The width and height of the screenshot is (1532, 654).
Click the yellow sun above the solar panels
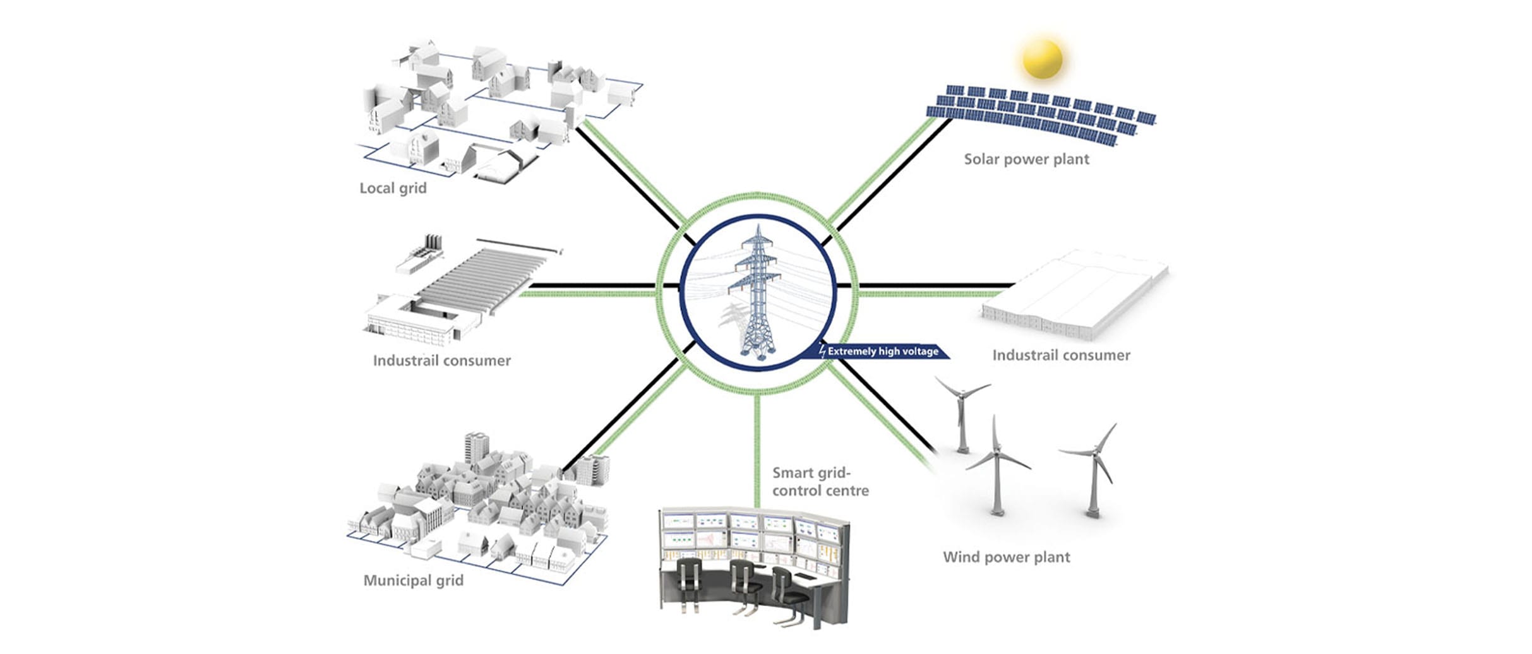click(x=1043, y=59)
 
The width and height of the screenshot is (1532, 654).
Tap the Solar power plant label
click(x=1026, y=159)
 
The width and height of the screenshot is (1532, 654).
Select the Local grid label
click(x=393, y=188)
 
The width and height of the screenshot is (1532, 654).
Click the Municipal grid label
click(x=413, y=580)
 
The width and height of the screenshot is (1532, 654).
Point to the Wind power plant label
click(x=1006, y=557)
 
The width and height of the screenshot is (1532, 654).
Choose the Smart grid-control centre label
click(x=820, y=482)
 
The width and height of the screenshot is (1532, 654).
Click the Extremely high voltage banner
click(x=883, y=351)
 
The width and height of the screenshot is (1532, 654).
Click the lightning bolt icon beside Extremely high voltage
click(x=822, y=351)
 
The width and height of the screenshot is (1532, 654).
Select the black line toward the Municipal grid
click(x=625, y=410)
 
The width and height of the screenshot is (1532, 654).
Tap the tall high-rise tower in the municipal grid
click(x=476, y=448)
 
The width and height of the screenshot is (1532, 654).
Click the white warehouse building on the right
click(x=1074, y=294)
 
